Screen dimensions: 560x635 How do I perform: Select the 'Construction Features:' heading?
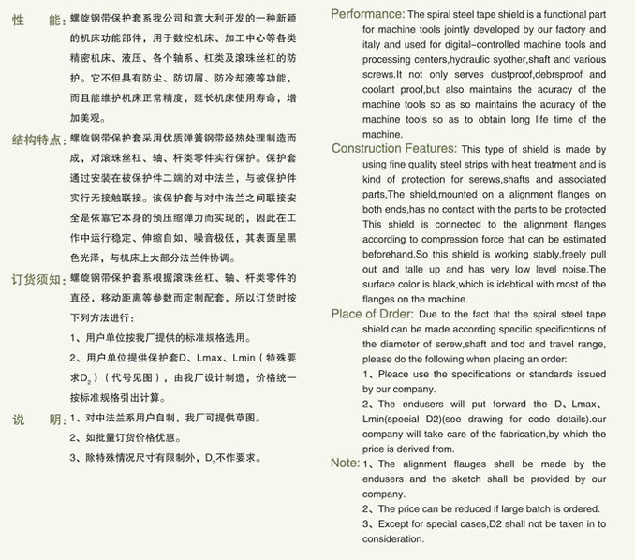pyautogui.click(x=394, y=149)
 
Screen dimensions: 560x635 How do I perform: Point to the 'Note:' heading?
pyautogui.click(x=345, y=463)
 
